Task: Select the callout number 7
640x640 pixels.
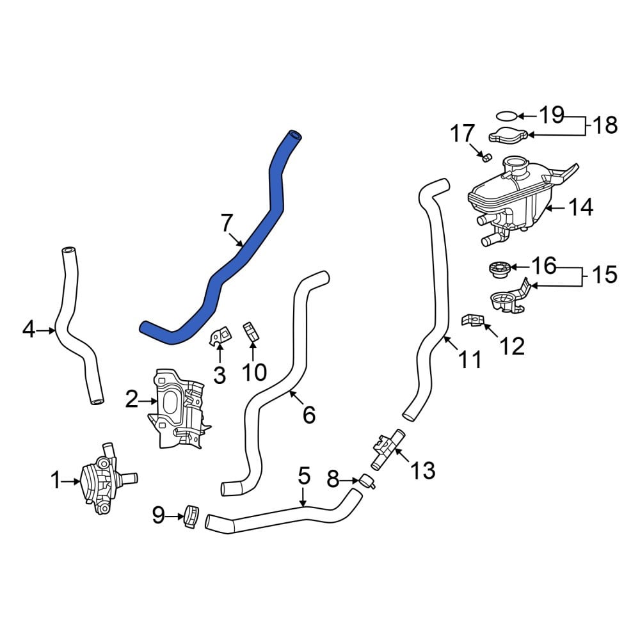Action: point(227,223)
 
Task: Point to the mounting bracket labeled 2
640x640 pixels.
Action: point(179,409)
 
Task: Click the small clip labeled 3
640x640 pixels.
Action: point(220,337)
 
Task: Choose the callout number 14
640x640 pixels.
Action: point(580,207)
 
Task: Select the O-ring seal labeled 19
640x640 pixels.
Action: point(506,116)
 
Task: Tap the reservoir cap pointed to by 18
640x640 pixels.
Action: point(509,135)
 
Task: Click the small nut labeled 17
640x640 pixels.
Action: point(486,157)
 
